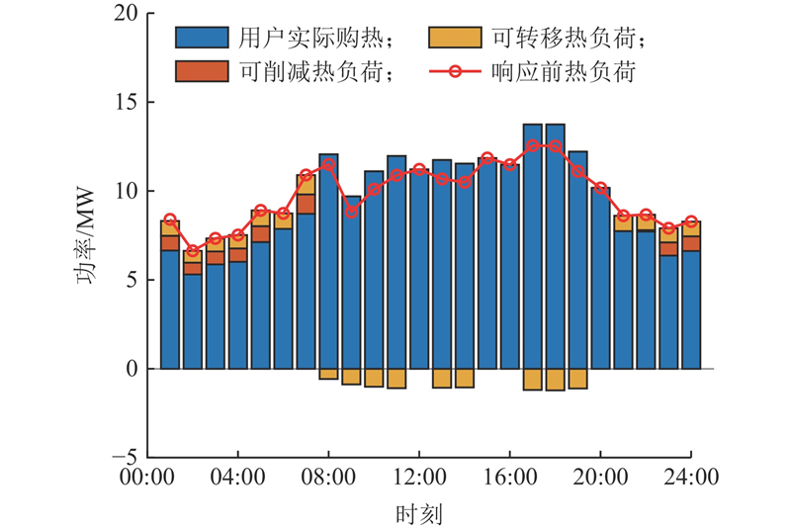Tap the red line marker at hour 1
170,219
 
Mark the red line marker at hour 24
691,221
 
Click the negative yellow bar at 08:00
328,374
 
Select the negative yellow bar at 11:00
396,378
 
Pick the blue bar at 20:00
600,278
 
